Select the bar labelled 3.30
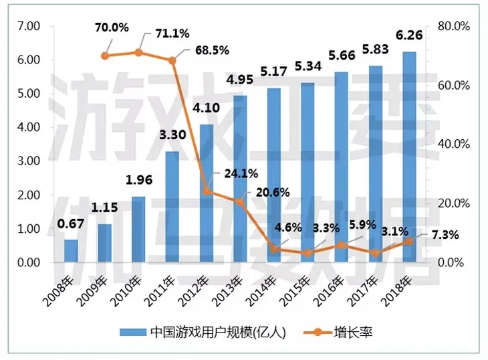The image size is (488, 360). (172, 207)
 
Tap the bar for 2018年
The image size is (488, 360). (408, 157)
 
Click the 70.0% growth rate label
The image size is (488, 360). (112, 27)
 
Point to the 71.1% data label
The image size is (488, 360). (172, 33)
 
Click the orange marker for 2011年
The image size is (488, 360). (172, 60)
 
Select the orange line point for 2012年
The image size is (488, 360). (207, 191)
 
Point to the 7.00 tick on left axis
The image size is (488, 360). (29, 26)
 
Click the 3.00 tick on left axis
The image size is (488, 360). (29, 161)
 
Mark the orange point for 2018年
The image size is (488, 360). (408, 242)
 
